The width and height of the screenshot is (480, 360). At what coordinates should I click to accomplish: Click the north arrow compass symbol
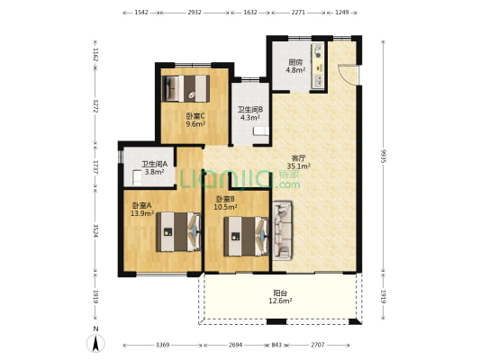[x=95, y=343]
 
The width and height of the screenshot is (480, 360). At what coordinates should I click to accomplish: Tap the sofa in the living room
[x=282, y=230]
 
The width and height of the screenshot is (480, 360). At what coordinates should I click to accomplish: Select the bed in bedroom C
[x=186, y=88]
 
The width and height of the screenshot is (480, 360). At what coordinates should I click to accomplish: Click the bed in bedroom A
[x=179, y=231]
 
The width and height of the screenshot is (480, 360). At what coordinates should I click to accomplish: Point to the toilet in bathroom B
[x=261, y=130]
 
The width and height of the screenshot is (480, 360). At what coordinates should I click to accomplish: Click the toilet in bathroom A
[x=137, y=178]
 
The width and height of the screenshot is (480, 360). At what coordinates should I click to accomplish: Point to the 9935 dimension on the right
[x=383, y=156]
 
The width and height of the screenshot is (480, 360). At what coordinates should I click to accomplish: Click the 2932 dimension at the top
[x=195, y=13]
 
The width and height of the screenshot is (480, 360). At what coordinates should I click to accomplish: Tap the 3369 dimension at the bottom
[x=162, y=345]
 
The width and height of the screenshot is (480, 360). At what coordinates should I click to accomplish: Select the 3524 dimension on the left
[x=95, y=230]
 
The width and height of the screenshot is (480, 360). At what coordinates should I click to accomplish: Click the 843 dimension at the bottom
[x=276, y=345]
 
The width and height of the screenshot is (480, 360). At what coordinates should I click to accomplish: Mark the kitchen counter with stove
[x=318, y=66]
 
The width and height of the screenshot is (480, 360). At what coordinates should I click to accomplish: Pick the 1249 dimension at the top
[x=342, y=13]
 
